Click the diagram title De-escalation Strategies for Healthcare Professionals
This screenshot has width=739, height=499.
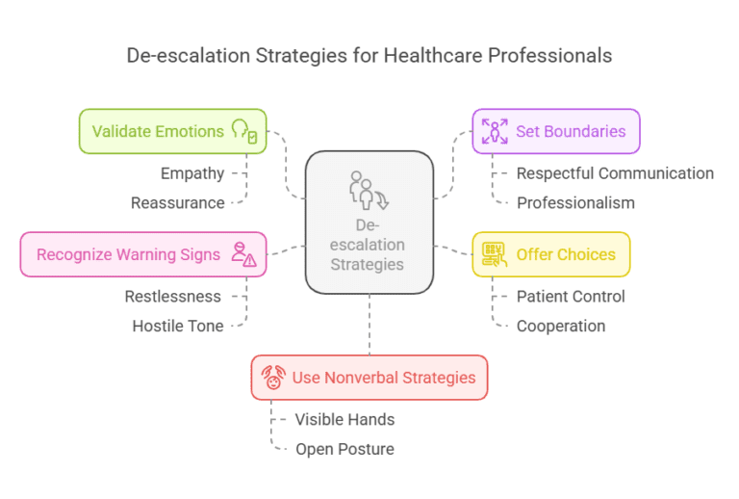pyautogui.click(x=369, y=55)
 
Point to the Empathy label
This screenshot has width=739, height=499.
pyautogui.click(x=192, y=173)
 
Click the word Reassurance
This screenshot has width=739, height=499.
pyautogui.click(x=178, y=202)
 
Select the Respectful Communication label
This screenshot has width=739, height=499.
pyautogui.click(x=615, y=173)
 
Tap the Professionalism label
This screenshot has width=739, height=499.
pyautogui.click(x=575, y=202)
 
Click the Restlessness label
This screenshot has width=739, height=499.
pyautogui.click(x=173, y=297)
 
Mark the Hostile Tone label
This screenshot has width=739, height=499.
pyautogui.click(x=178, y=326)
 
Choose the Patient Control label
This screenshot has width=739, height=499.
pyautogui.click(x=571, y=297)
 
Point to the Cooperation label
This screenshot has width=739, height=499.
pyautogui.click(x=561, y=326)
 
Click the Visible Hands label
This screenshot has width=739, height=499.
pyautogui.click(x=344, y=420)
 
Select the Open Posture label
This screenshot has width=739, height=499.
pyautogui.click(x=344, y=449)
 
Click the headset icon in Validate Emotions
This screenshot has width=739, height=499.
pyautogui.click(x=243, y=132)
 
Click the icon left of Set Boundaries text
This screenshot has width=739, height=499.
pyautogui.click(x=495, y=132)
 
